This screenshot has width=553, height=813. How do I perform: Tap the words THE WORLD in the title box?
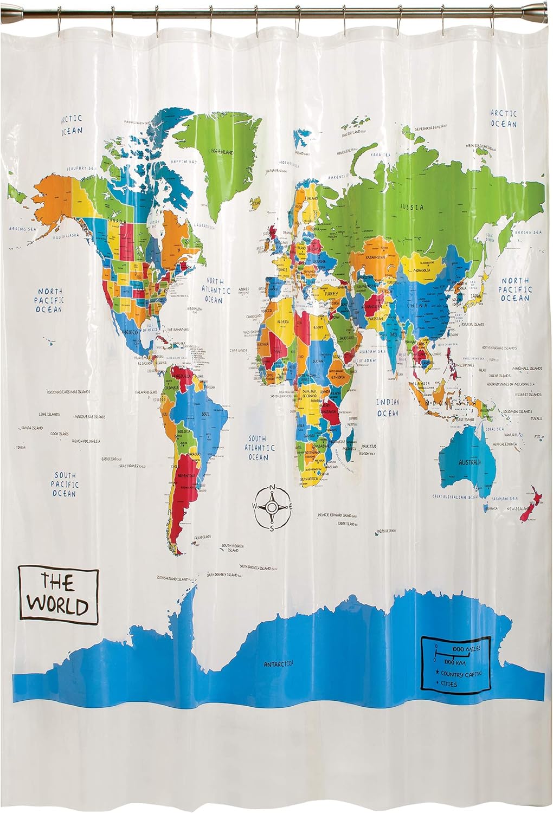click(58, 594)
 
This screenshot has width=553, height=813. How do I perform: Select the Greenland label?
click(222, 153)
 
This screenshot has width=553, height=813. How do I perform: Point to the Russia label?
click(411, 207)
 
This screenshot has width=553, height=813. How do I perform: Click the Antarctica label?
click(279, 663)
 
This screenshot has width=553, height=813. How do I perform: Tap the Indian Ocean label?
click(388, 408)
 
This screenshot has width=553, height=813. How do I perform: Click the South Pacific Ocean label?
click(65, 484)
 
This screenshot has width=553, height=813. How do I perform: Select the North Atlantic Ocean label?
click(214, 291)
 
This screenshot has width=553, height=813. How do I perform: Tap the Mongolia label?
click(422, 269)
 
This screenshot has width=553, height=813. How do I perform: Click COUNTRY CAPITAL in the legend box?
click(460, 674)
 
